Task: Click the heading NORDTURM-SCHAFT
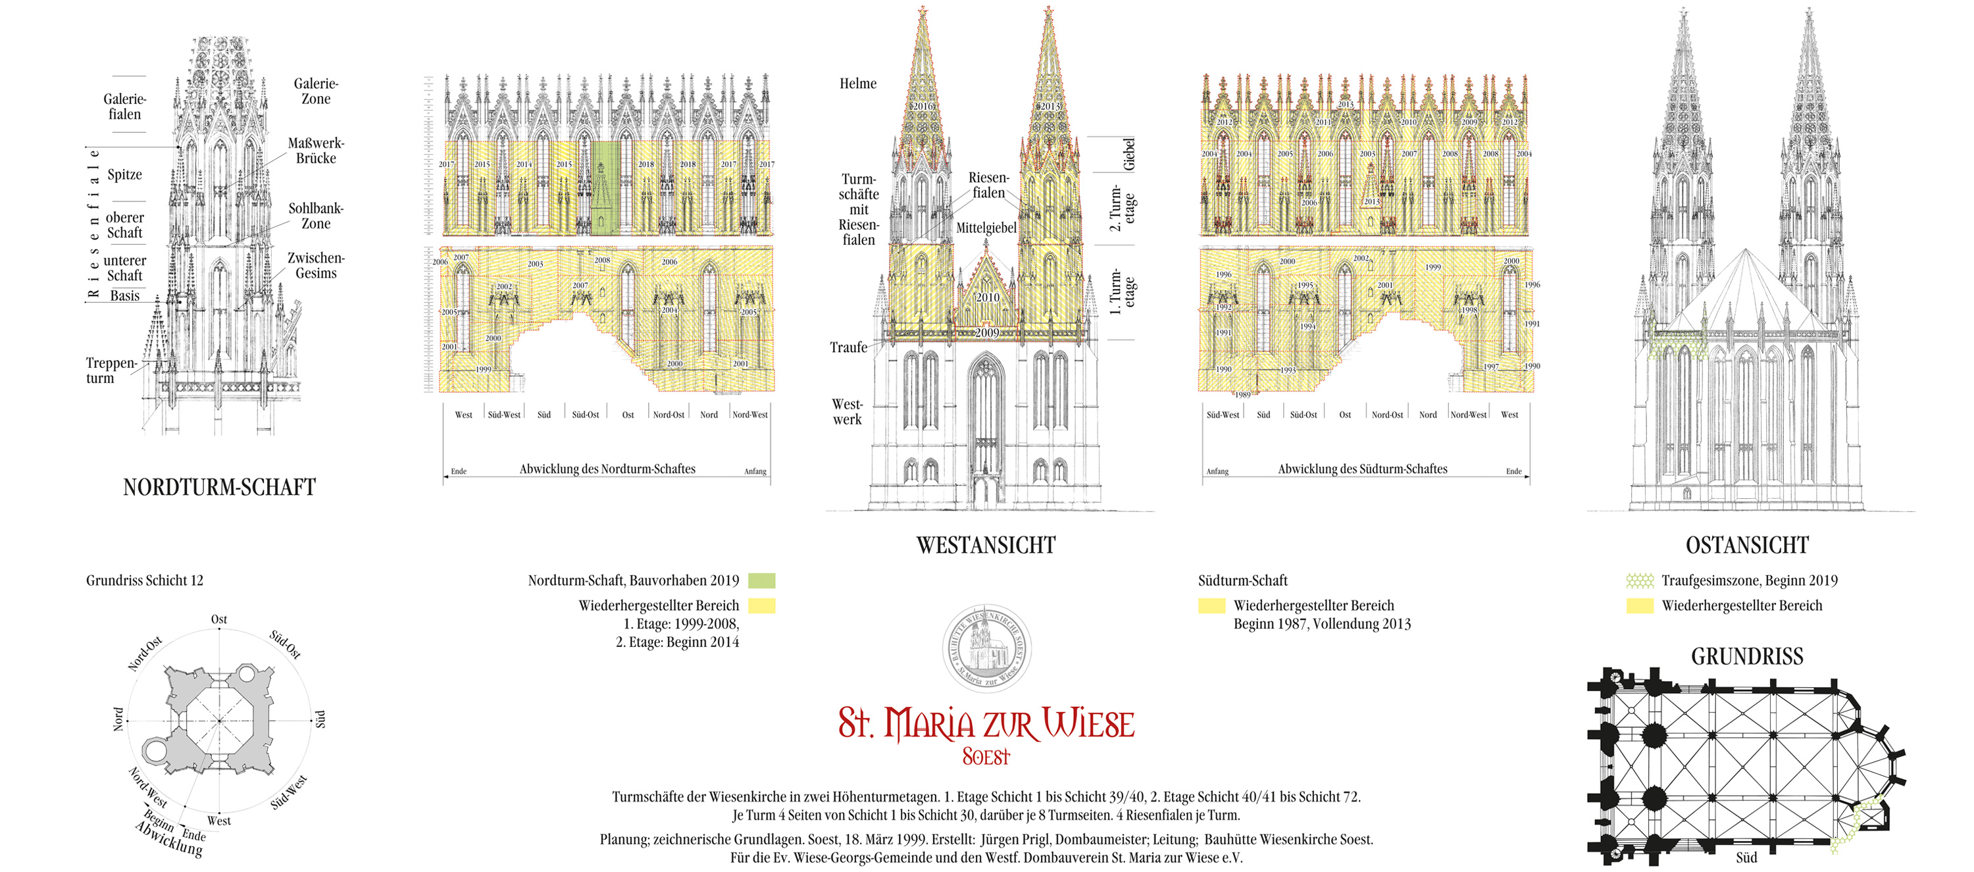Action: (219, 488)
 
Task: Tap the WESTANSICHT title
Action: (986, 545)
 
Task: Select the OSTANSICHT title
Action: (1746, 545)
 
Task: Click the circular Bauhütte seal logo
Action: (986, 648)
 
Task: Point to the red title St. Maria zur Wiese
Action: (986, 724)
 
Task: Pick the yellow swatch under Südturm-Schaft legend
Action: (1211, 606)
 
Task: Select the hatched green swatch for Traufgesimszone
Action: (1640, 581)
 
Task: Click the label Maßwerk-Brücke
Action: (316, 151)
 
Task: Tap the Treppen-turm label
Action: (111, 370)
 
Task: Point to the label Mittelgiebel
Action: (986, 228)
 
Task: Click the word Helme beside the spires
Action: (857, 84)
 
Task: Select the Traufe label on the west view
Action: (848, 347)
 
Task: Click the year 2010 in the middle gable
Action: (987, 297)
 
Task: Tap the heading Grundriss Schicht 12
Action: (145, 580)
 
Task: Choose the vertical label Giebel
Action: (1128, 154)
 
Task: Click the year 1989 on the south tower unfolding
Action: (1242, 395)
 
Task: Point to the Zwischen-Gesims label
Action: (316, 265)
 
